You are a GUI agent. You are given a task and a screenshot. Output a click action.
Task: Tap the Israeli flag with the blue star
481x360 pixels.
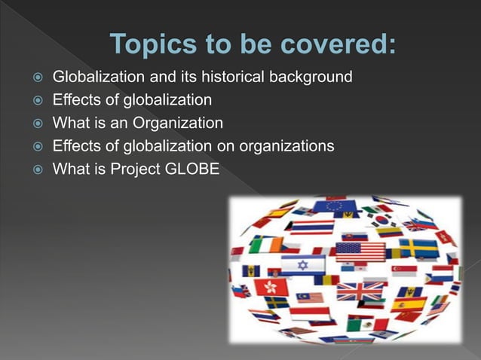click(x=303, y=264)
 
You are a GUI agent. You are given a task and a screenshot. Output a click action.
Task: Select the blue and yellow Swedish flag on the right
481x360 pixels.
click(x=418, y=248)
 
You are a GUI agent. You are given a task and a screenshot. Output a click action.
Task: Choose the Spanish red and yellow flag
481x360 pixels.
click(x=409, y=304)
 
